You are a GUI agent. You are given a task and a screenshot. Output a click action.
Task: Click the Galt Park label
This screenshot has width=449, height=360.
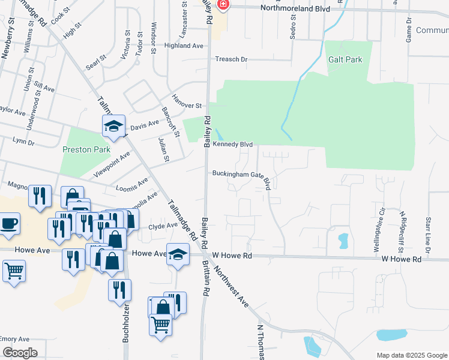(x=345, y=60)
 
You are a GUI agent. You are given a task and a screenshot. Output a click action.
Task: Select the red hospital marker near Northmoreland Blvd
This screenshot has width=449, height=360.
(x=223, y=5)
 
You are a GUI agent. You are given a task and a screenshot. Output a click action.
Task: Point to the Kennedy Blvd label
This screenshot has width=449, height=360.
(x=233, y=145)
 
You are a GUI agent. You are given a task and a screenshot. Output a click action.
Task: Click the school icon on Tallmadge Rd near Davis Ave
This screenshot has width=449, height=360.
(x=113, y=126)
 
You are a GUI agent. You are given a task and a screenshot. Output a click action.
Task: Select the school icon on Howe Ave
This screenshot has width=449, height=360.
(x=178, y=254)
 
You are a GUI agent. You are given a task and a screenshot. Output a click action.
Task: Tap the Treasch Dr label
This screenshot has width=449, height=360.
(x=232, y=59)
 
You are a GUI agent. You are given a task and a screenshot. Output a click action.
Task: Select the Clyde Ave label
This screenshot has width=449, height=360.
(x=163, y=226)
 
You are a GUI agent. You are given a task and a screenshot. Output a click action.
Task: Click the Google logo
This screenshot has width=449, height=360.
(x=20, y=353)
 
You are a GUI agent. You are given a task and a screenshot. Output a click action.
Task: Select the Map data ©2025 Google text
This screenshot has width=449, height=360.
(x=411, y=355)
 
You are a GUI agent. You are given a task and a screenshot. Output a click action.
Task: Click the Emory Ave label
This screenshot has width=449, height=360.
(x=14, y=340)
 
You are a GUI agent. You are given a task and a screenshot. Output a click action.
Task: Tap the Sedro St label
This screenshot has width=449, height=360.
(x=293, y=27)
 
